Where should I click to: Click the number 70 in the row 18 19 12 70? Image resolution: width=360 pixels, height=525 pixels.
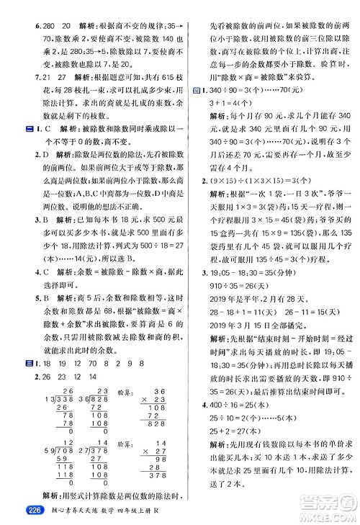(x=97, y=364)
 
